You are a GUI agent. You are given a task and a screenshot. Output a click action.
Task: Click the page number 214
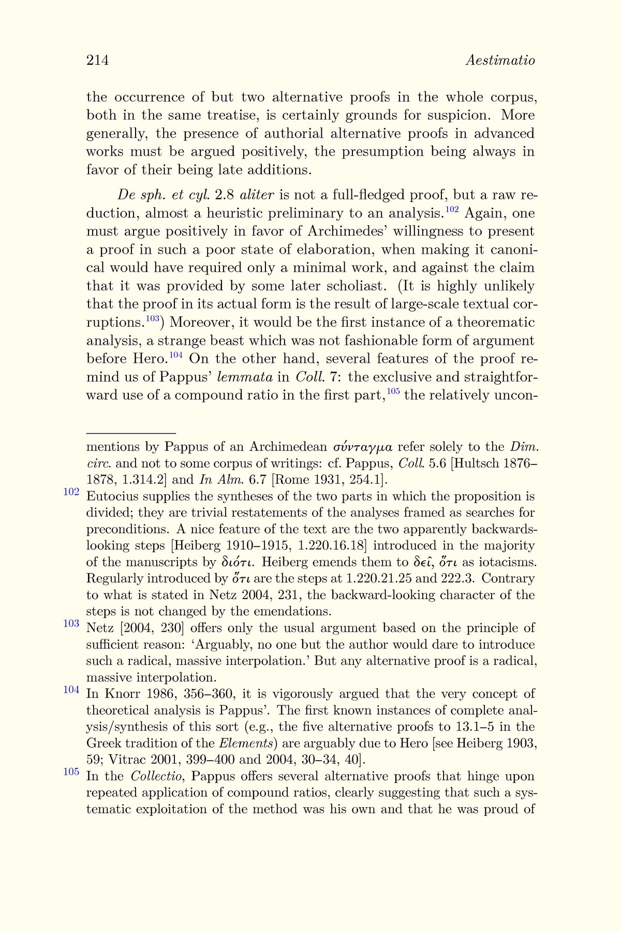coord(97,61)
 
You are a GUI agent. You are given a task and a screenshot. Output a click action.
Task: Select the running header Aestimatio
coord(500,61)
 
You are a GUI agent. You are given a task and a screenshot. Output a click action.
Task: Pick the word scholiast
coord(354,286)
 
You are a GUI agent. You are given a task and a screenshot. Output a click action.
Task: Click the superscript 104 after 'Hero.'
coord(176,355)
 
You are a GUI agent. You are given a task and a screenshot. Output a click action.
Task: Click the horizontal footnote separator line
coord(131,433)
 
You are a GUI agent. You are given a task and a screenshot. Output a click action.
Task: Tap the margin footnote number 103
coord(71,623)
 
